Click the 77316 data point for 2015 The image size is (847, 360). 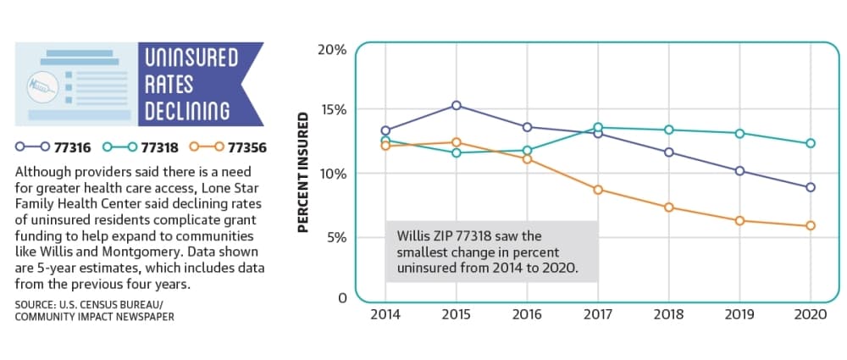coord(457,105)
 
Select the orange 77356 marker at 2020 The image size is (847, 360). coord(811,225)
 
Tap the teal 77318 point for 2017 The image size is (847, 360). coord(598,128)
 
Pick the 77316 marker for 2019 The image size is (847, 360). coord(739,171)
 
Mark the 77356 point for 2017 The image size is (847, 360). coord(598,190)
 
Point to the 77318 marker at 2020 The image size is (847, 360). coord(811,143)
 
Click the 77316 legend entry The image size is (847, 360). coord(53,147)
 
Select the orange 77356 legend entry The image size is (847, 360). coord(228,147)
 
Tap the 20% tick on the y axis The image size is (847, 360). coord(332,50)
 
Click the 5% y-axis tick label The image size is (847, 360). coord(335,237)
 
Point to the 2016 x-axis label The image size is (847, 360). coord(527,314)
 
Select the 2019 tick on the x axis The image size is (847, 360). coord(739,314)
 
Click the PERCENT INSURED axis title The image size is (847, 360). coord(303,173)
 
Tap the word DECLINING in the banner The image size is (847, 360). coord(187,111)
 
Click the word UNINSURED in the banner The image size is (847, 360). coord(191,58)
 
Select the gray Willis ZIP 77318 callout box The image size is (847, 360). coord(491,252)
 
